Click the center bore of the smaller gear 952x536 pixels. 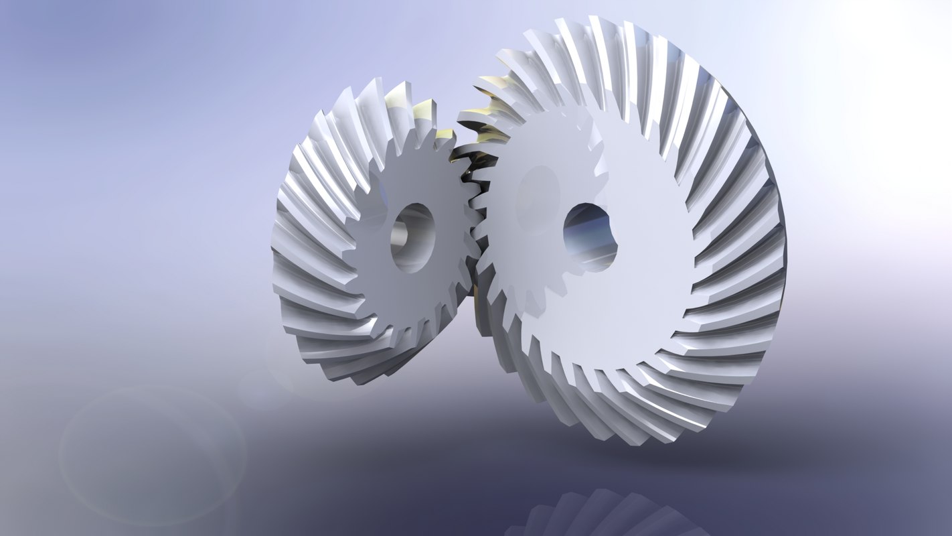point(412,238)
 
